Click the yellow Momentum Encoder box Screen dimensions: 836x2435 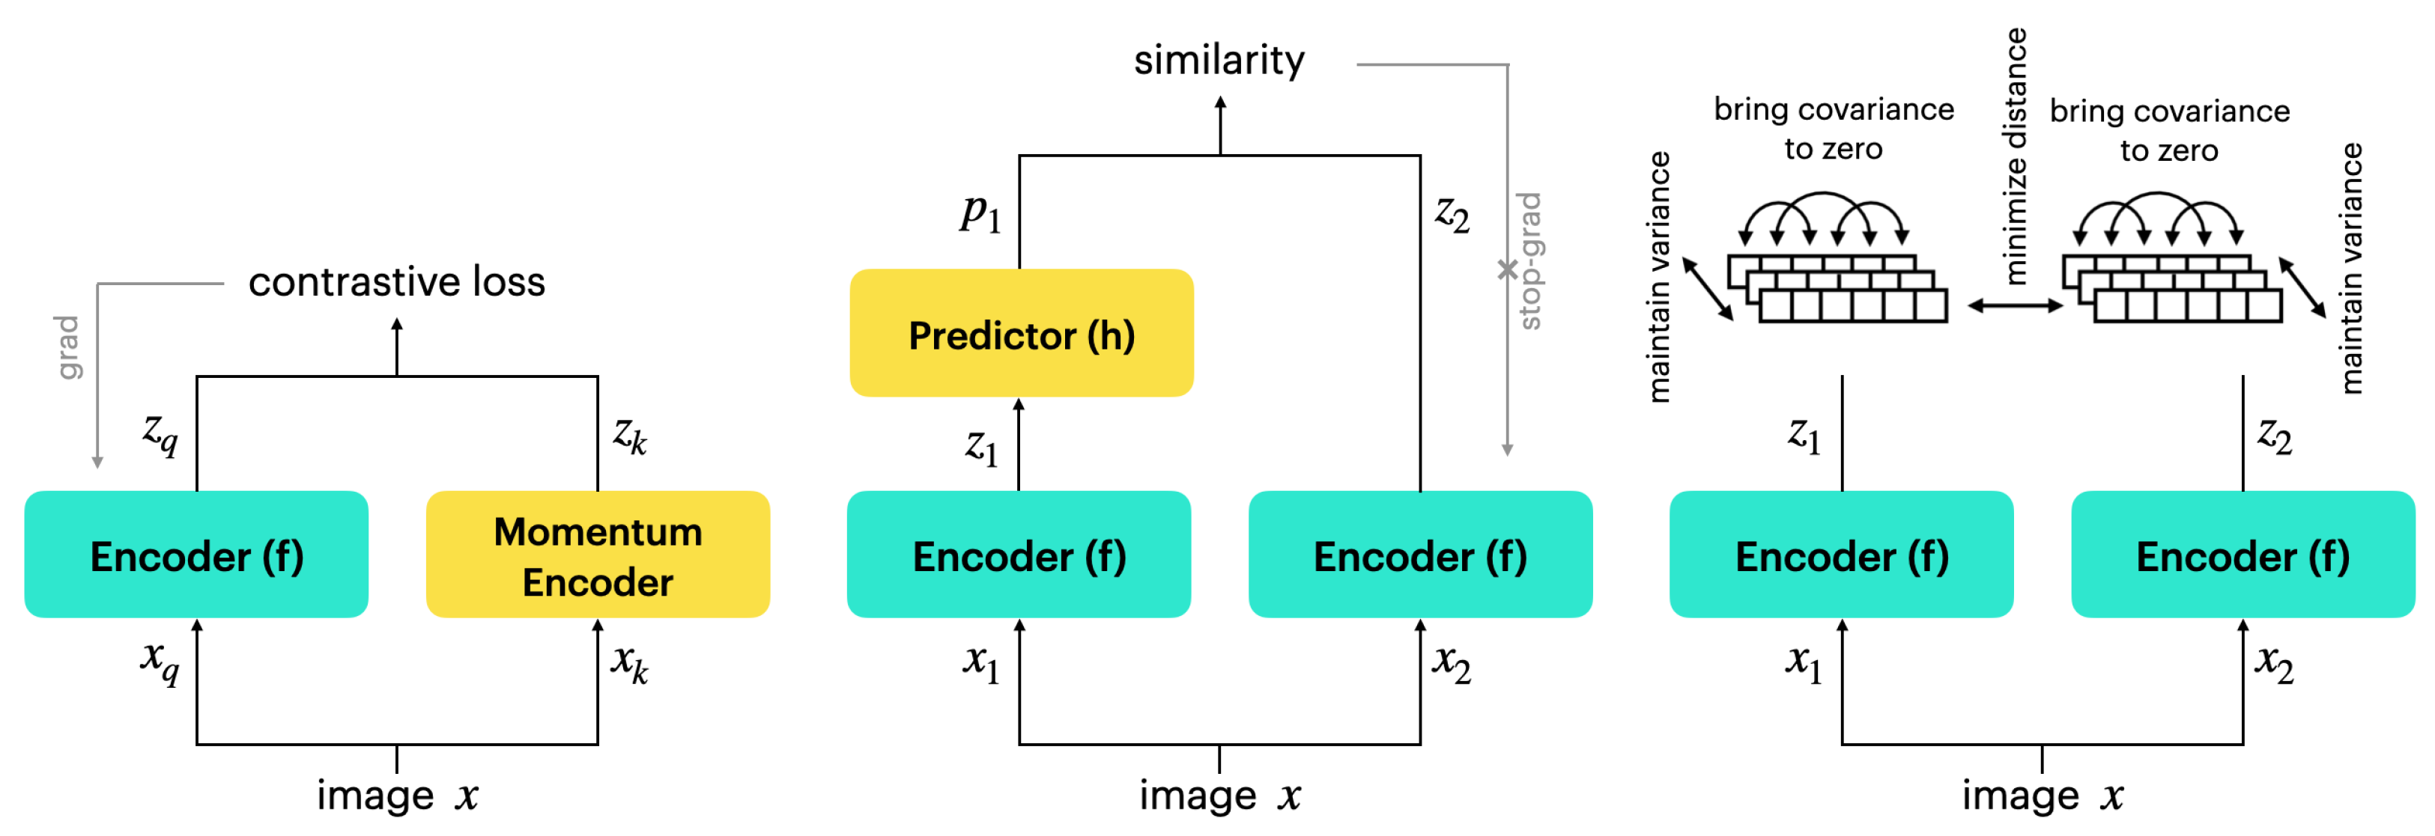point(598,555)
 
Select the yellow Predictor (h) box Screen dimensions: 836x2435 point(1021,334)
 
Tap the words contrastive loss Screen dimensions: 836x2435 point(396,281)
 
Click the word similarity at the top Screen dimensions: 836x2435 point(1219,61)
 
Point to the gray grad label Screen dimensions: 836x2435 point(67,347)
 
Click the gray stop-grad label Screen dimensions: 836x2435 point(1529,260)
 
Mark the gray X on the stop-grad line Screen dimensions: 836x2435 point(1507,270)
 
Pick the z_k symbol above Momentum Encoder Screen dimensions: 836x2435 point(630,436)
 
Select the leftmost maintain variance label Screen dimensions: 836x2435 point(1659,277)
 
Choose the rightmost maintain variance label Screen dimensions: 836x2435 point(2352,267)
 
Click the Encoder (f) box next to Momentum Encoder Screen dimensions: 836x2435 point(197,555)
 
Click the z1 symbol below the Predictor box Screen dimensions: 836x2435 point(981,446)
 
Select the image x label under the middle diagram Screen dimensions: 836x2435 point(1219,796)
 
